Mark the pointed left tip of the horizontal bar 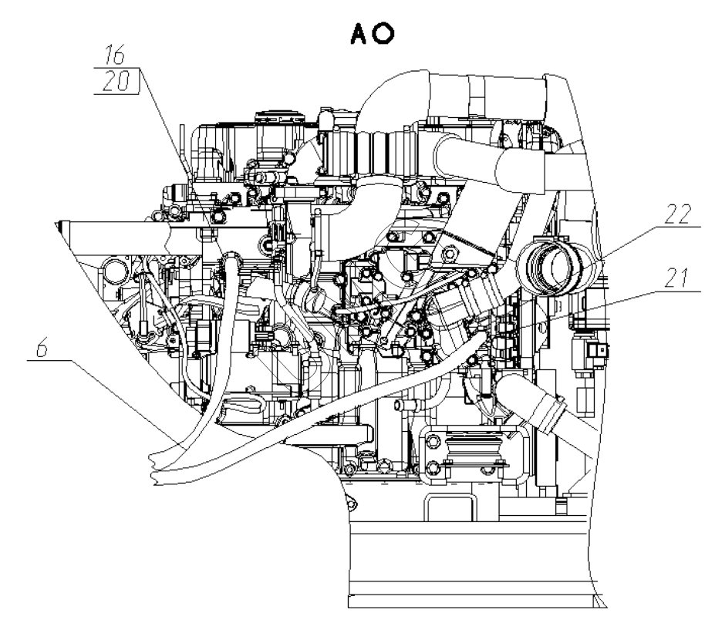(x=58, y=223)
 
